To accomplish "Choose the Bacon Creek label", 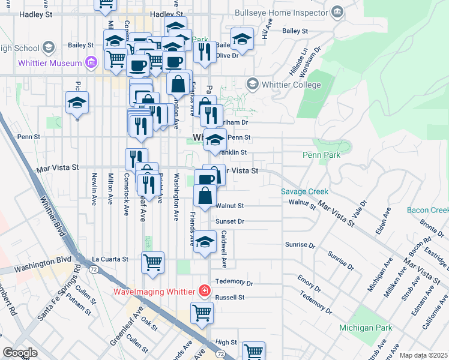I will coord(427,210).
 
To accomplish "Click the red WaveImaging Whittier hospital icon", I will coord(205,292).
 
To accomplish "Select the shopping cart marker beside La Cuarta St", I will coord(153,262).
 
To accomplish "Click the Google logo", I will coord(20,353).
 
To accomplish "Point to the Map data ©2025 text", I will coord(423,355).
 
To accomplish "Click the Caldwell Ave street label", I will coord(224,249).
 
